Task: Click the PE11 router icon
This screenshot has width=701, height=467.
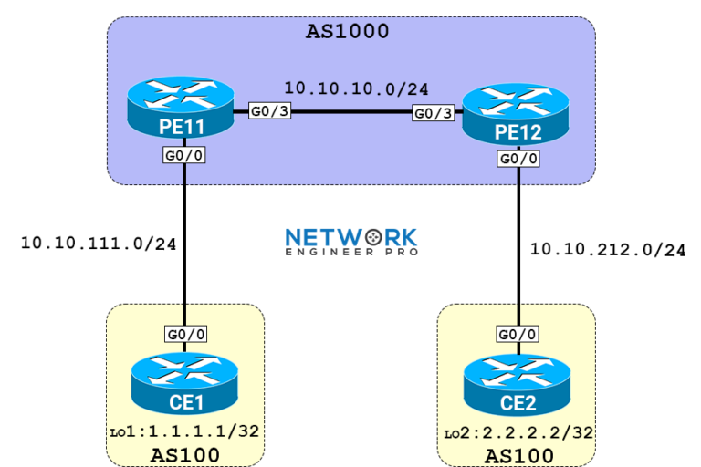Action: (184, 110)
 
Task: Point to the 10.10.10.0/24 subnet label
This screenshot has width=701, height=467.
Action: (356, 88)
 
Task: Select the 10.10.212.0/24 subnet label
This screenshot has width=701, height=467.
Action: (608, 249)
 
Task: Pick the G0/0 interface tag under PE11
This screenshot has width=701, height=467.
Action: (183, 155)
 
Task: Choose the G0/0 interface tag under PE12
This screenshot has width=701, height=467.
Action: (518, 159)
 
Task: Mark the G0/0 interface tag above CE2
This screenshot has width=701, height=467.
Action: (518, 335)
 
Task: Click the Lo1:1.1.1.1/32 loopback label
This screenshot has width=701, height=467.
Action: (185, 429)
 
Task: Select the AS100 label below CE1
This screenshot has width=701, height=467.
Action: (185, 454)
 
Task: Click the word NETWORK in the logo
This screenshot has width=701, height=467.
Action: (350, 237)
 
